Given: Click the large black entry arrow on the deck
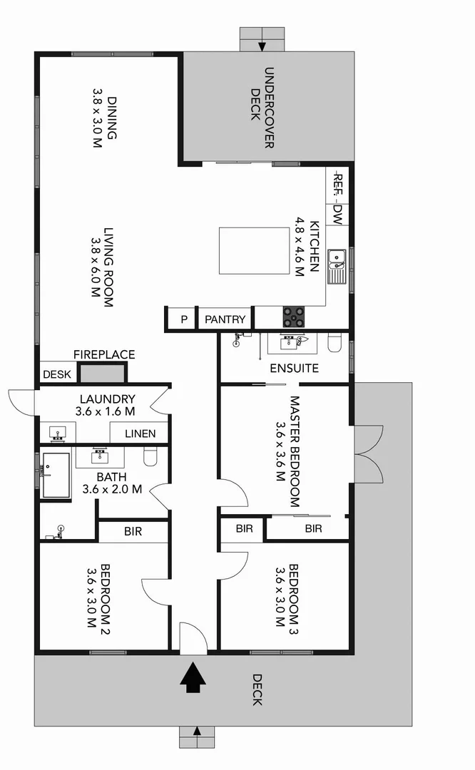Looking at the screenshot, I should (x=192, y=678).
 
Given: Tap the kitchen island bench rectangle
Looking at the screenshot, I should (x=252, y=250).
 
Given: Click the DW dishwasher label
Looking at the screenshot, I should (x=338, y=215).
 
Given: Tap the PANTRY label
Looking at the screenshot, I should (x=225, y=319).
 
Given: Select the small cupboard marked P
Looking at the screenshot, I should (x=183, y=319).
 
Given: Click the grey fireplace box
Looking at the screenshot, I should (x=101, y=373).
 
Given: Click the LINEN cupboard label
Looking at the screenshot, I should (x=140, y=433).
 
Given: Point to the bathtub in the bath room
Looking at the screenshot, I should (x=56, y=475).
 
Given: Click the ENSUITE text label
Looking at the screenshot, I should (x=294, y=369).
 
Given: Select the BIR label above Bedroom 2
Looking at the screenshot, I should (x=133, y=531).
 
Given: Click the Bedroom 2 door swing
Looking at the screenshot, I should (x=155, y=588).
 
